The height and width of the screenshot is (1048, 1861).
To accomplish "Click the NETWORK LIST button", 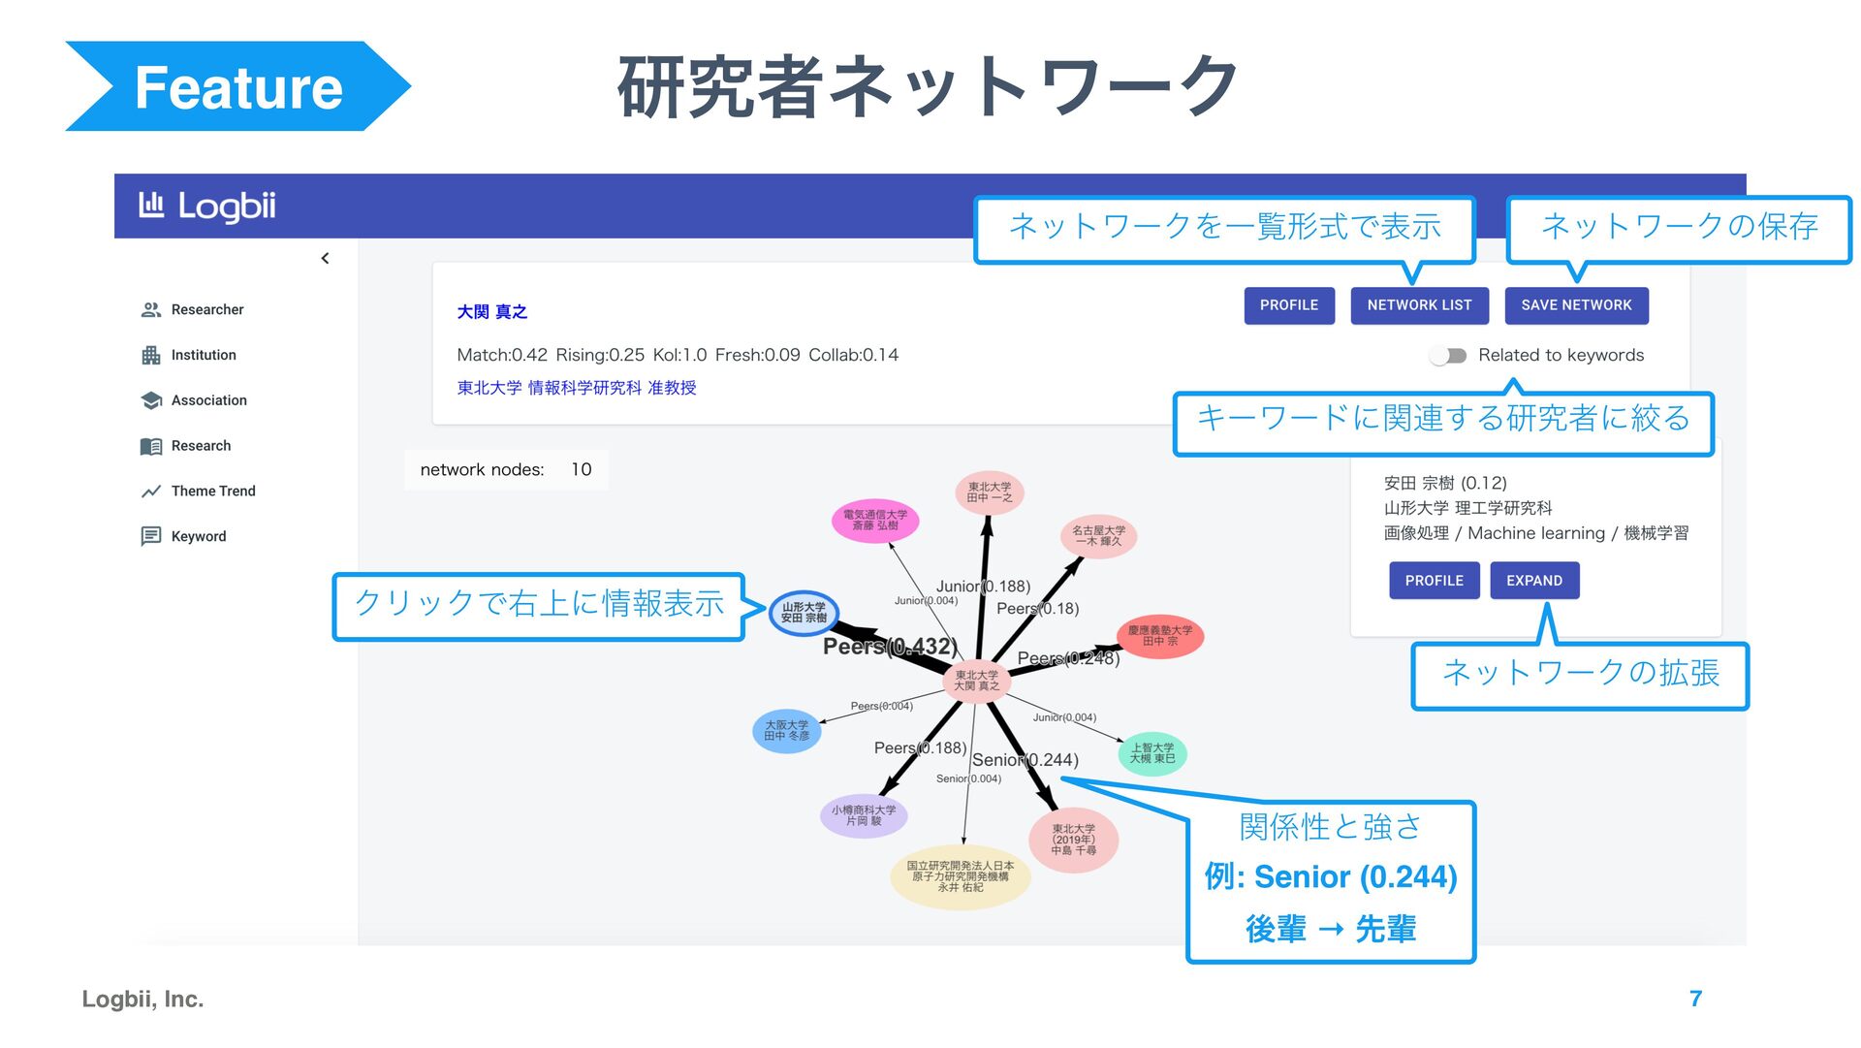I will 1418,305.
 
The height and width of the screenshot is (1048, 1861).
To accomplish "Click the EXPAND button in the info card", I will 1533,581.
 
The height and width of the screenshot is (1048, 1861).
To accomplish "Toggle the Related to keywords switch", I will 1448,356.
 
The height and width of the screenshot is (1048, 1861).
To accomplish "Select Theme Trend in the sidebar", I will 212,492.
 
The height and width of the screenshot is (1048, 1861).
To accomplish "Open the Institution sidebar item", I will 203,355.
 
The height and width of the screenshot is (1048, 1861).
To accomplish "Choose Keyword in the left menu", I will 198,536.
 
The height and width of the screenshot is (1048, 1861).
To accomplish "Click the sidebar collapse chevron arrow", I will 325,258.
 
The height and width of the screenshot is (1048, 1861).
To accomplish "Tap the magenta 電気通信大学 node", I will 874,521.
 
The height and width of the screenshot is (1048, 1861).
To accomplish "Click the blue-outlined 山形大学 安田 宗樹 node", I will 804,614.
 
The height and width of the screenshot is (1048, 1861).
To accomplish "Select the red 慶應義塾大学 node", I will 1159,636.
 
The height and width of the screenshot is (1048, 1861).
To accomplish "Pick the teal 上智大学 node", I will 1151,753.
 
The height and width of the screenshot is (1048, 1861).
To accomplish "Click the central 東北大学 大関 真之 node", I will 976,681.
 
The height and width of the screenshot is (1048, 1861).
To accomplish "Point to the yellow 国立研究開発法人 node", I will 960,876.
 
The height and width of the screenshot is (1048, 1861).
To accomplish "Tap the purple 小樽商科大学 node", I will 863,815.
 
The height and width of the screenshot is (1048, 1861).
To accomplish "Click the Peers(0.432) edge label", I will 889,647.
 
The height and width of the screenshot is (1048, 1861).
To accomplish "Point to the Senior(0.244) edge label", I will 1025,760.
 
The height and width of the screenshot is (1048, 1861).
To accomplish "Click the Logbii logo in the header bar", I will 208,206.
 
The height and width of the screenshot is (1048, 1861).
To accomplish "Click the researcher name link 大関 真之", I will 491,312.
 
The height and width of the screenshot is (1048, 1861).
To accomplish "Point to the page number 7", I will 1695,999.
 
